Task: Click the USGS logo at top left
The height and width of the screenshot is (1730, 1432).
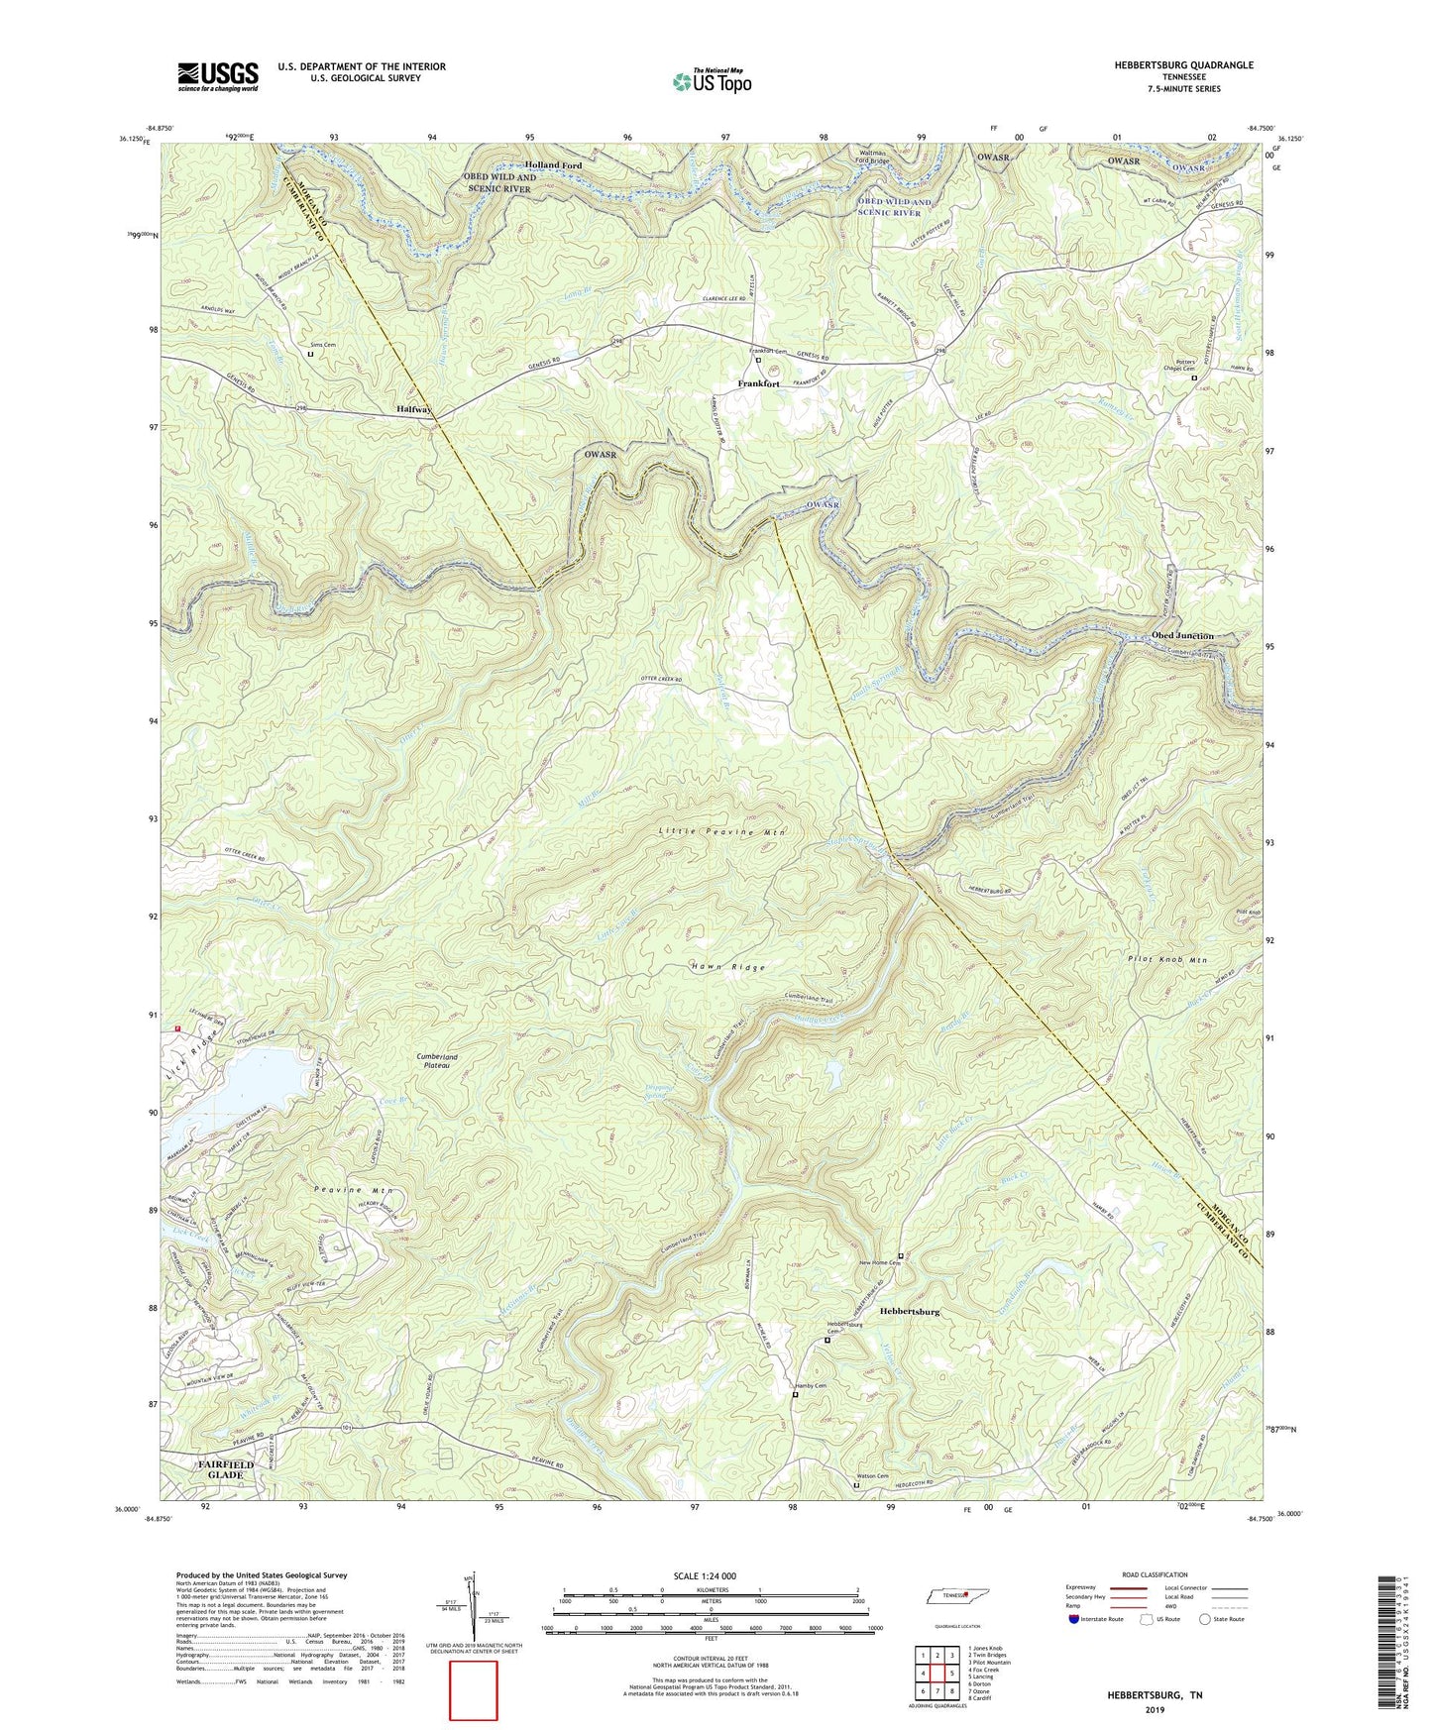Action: (218, 76)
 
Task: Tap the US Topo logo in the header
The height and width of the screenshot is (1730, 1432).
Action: (711, 81)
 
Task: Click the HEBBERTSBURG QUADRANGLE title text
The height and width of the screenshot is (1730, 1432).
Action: (1169, 65)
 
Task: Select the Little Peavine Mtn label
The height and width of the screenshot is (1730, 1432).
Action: (722, 833)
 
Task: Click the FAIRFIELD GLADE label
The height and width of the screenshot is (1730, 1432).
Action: (224, 1468)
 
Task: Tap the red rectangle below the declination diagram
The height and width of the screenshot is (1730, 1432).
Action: (473, 1690)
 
